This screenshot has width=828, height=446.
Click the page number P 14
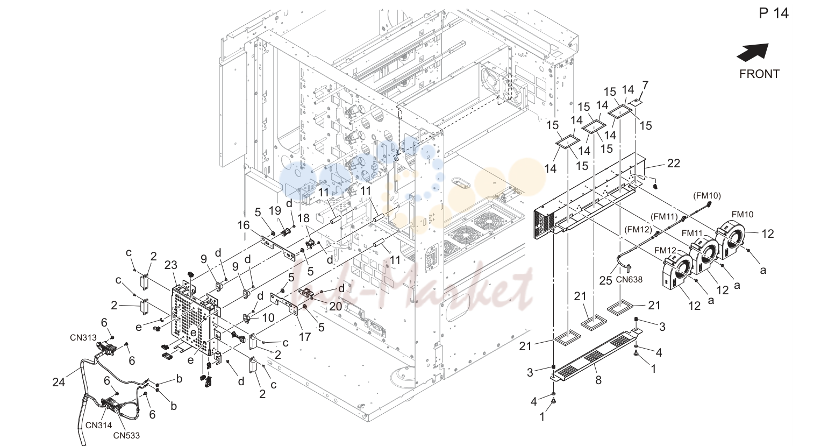774,13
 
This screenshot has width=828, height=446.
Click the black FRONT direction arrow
753,52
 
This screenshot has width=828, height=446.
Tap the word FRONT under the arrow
759,74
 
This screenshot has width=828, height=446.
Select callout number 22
674,163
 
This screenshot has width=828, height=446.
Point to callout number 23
171,265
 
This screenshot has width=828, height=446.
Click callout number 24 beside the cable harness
59,382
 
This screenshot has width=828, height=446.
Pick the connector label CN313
83,338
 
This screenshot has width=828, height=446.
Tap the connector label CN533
126,435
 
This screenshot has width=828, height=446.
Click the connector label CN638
629,280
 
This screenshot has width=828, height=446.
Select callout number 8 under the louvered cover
598,380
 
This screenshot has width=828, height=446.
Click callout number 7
645,86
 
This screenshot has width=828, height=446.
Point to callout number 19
275,210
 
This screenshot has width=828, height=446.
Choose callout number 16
243,225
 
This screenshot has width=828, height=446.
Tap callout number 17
304,337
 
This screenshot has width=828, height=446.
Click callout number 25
606,281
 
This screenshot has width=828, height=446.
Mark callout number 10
268,317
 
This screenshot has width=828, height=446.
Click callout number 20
336,306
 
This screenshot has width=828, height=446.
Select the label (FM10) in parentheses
706,196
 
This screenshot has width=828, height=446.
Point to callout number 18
303,218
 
